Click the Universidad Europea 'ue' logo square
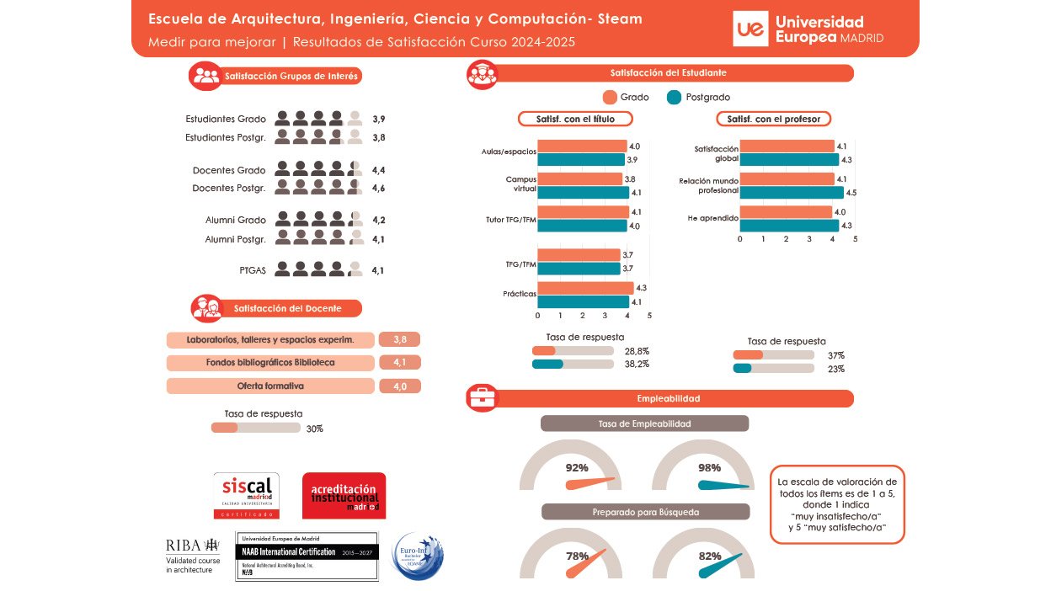click(x=750, y=29)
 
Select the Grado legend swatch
click(x=611, y=97)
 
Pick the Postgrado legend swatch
click(x=674, y=97)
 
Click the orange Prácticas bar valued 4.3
click(x=585, y=288)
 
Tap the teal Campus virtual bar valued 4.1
click(x=583, y=193)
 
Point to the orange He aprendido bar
click(x=786, y=212)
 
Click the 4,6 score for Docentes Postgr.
click(x=378, y=188)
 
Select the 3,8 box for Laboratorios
click(x=399, y=339)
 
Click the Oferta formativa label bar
click(x=270, y=386)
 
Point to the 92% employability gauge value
click(x=577, y=468)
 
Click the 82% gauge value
click(x=710, y=556)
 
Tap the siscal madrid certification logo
click(x=247, y=495)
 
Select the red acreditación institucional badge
click(x=344, y=495)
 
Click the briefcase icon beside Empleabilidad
click(x=483, y=398)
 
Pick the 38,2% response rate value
click(x=637, y=365)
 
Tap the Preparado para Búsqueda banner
click(x=645, y=512)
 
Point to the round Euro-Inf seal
click(x=417, y=556)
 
